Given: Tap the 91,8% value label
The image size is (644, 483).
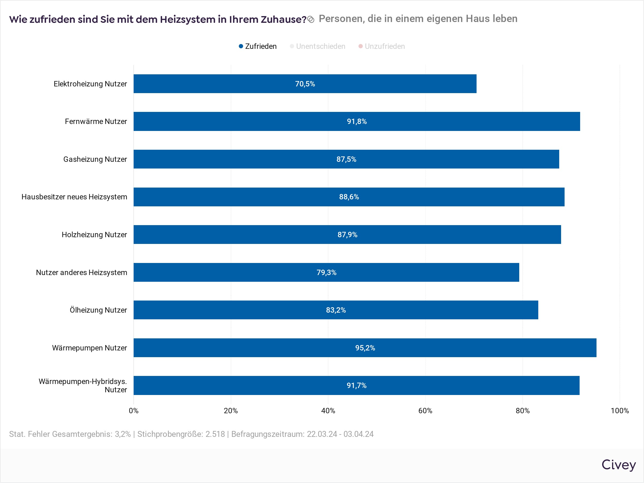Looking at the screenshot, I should pos(357,121).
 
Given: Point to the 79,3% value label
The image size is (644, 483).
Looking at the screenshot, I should pos(326,273).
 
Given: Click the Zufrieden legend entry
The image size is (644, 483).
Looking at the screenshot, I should pos(258,46).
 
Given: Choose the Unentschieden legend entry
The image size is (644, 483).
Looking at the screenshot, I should pos(318,46).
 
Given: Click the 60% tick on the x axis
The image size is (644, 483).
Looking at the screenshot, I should pos(425,411).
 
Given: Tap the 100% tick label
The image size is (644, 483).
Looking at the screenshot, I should pos(620,411).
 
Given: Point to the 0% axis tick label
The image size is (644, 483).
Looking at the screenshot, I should pos(134,411).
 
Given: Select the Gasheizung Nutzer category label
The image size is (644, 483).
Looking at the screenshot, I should pos(95,159).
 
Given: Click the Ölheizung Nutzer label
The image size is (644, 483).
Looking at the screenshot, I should pos(98,310).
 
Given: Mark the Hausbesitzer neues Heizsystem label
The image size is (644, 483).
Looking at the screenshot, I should pos(74,197).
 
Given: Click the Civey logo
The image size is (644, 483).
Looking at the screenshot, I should pos(619,465).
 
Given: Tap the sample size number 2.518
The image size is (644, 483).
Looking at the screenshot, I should pos(215,434).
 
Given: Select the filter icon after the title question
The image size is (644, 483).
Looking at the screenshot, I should pos(311,20).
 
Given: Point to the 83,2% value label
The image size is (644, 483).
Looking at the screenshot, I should pos(336,310).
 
